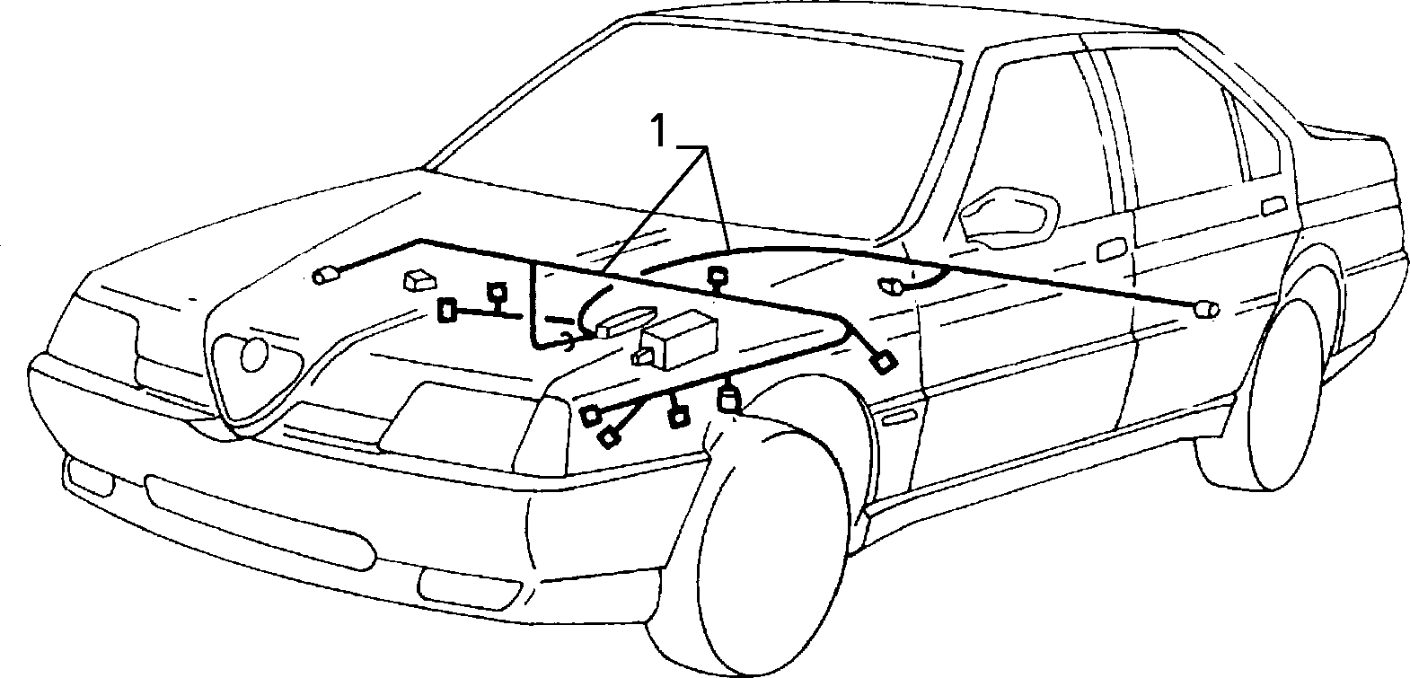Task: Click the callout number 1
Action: pos(658,130)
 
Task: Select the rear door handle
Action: pos(1274,206)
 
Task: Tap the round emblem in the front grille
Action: pos(254,355)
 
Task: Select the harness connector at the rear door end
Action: pos(1205,310)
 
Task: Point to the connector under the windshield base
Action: pos(717,276)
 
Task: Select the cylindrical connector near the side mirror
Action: pos(892,286)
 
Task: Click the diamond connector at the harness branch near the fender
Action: pos(884,363)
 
